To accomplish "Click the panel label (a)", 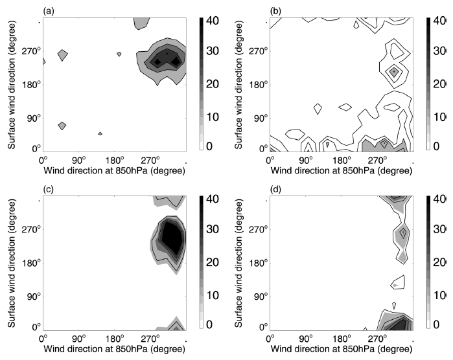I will (48, 11).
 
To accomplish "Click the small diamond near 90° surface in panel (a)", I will (62, 126).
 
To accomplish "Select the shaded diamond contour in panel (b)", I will (393, 72).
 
